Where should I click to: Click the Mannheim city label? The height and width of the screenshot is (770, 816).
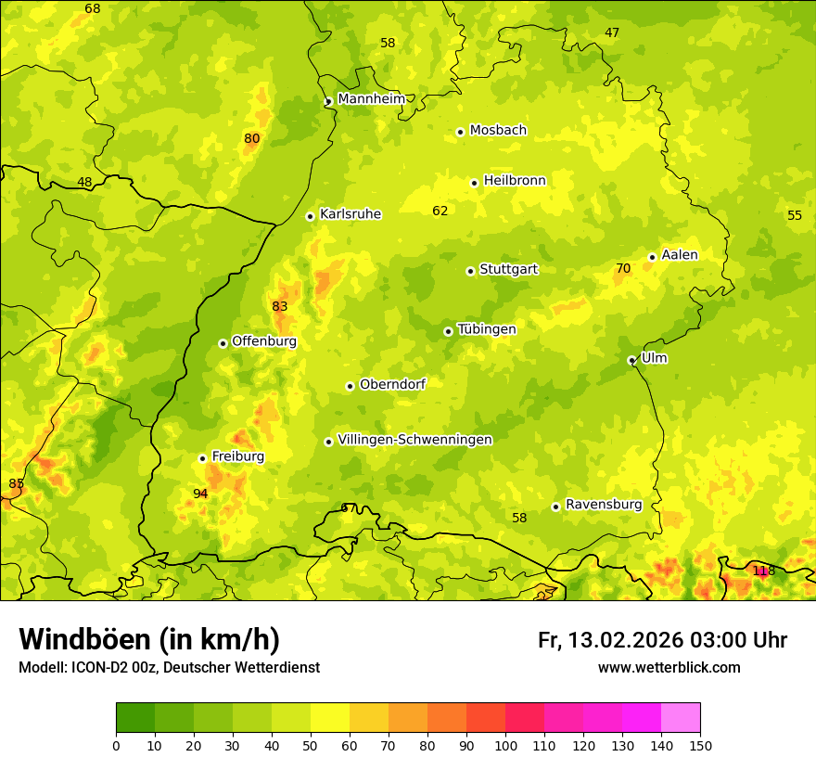[371, 99]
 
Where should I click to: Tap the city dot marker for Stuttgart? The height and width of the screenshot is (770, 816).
[470, 271]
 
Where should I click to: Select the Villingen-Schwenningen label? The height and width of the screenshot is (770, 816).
[414, 440]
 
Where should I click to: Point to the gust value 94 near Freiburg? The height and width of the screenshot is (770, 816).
[200, 494]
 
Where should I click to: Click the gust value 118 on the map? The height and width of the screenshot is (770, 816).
[762, 571]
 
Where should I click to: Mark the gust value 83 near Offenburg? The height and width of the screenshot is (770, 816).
[280, 306]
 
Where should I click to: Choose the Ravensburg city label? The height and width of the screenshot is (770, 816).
[604, 505]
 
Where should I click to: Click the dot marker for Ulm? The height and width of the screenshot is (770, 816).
[631, 360]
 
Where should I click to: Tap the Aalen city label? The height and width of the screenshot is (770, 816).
[680, 255]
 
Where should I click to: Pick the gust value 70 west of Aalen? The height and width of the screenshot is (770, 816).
[623, 269]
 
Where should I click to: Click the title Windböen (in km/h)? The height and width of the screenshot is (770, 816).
[148, 639]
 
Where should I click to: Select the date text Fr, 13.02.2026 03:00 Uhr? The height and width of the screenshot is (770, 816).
[662, 640]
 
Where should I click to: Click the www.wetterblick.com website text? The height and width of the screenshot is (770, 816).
[669, 667]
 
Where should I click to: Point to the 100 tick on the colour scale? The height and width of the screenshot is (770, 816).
[505, 745]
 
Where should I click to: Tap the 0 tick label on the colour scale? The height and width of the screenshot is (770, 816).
[116, 745]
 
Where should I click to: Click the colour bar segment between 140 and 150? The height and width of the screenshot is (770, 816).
[681, 717]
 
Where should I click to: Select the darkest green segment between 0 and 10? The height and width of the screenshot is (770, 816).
[135, 717]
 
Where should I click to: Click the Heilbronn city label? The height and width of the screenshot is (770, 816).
[515, 181]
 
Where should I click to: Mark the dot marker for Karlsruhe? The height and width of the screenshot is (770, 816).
[311, 216]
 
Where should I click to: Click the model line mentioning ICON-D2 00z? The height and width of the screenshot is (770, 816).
[169, 667]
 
